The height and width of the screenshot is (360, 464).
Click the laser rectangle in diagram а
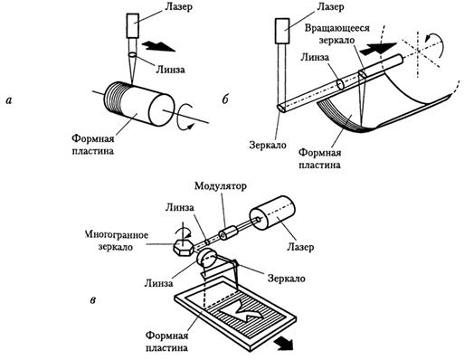(x=132, y=26)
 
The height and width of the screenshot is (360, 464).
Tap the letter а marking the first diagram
(x=9, y=100)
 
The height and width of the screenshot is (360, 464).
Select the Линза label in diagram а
(x=170, y=70)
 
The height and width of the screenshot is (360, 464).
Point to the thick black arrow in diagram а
(x=158, y=46)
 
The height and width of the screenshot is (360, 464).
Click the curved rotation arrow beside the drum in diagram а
(x=185, y=117)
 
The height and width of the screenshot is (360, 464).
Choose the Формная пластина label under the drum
(x=93, y=145)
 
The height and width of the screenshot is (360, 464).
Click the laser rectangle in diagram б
(x=282, y=31)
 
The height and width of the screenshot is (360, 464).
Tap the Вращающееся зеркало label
(x=336, y=33)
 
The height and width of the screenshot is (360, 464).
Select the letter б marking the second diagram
(x=225, y=99)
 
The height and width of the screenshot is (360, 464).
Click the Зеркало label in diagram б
(x=268, y=145)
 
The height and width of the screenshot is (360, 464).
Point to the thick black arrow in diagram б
(x=379, y=49)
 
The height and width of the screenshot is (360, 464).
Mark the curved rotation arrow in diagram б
(x=434, y=42)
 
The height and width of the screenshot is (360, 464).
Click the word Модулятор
(x=221, y=185)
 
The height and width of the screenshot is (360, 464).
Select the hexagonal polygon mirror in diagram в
(x=183, y=248)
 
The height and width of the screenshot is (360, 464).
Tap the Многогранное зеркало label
(x=117, y=241)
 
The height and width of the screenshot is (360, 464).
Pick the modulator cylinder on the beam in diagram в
(x=228, y=233)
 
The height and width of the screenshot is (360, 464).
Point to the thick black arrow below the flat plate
(x=282, y=344)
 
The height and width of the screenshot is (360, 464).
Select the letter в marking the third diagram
(x=93, y=300)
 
